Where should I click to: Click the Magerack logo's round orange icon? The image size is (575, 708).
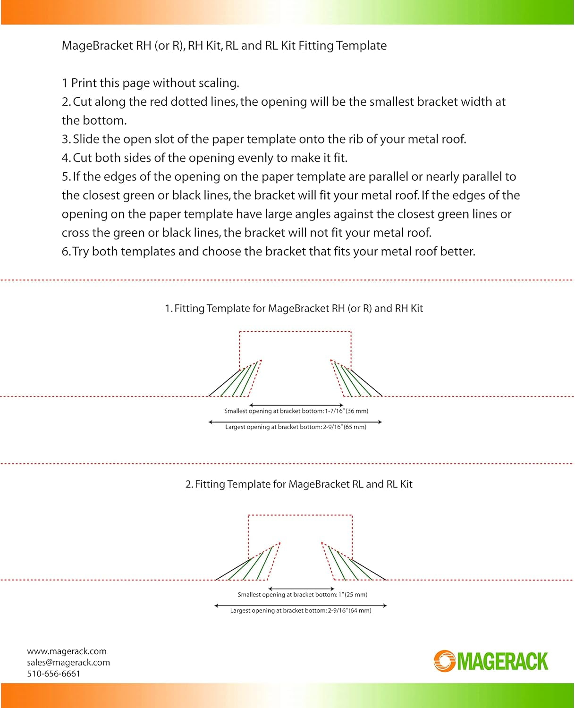(x=444, y=661)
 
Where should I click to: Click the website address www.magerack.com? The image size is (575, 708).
(x=67, y=651)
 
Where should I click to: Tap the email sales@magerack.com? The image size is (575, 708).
(x=68, y=663)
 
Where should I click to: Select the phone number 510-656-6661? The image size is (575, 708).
(x=53, y=674)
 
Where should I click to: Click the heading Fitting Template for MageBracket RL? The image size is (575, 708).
(x=299, y=484)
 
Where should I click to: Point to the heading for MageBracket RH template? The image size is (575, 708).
(x=294, y=309)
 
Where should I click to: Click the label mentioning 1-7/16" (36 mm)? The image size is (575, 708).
(x=296, y=411)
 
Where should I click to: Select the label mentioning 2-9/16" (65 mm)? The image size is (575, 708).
(x=296, y=427)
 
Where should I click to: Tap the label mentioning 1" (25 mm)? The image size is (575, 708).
(x=302, y=595)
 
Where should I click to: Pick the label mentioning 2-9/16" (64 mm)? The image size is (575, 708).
(x=301, y=611)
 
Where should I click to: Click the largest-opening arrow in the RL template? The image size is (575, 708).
(x=301, y=605)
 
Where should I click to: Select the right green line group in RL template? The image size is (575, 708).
(x=347, y=564)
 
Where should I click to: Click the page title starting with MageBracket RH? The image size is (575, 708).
(x=224, y=46)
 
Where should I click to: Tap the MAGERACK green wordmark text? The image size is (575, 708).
(x=502, y=661)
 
